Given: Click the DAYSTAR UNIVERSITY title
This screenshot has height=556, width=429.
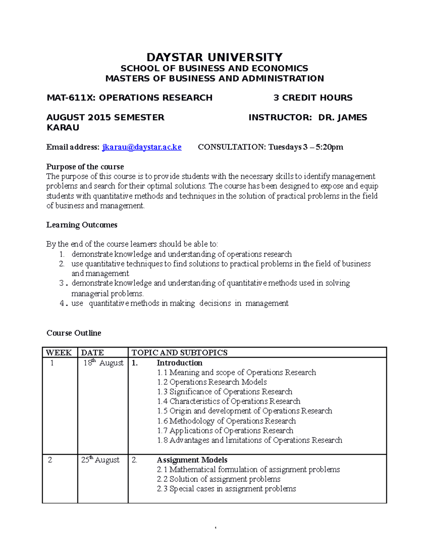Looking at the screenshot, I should pyautogui.click(x=214, y=57).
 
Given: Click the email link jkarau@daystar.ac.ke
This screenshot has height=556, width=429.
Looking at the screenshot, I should pyautogui.click(x=142, y=147).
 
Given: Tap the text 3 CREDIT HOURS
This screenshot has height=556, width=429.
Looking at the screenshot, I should pyautogui.click(x=313, y=98).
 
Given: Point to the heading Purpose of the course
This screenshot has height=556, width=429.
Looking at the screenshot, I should pyautogui.click(x=85, y=167).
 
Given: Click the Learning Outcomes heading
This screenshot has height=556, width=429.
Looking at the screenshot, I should pyautogui.click(x=82, y=225).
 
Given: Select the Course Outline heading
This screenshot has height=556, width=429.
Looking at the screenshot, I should pyautogui.click(x=74, y=333).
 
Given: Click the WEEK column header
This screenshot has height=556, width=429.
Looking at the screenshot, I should pyautogui.click(x=59, y=353).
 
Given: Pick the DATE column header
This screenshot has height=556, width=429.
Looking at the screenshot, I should pyautogui.click(x=93, y=353).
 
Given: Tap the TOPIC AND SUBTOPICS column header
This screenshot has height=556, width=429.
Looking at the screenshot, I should pyautogui.click(x=179, y=353).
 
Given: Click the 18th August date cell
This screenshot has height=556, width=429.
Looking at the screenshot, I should pyautogui.click(x=103, y=363).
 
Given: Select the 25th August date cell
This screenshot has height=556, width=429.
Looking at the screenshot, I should pyautogui.click(x=100, y=460).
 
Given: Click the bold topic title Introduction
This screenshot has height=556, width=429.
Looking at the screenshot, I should pyautogui.click(x=179, y=363).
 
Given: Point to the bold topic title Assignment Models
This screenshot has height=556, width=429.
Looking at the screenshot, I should pyautogui.click(x=192, y=460).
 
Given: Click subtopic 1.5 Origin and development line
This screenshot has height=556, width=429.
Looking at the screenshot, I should pyautogui.click(x=245, y=411).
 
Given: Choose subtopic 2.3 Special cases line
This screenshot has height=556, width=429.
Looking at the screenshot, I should pyautogui.click(x=226, y=489).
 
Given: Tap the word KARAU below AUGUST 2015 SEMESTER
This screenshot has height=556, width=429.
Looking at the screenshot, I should pyautogui.click(x=63, y=128).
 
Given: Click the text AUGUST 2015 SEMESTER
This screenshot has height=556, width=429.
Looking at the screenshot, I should pyautogui.click(x=105, y=117).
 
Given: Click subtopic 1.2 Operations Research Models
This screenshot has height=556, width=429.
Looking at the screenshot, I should pyautogui.click(x=212, y=382).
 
